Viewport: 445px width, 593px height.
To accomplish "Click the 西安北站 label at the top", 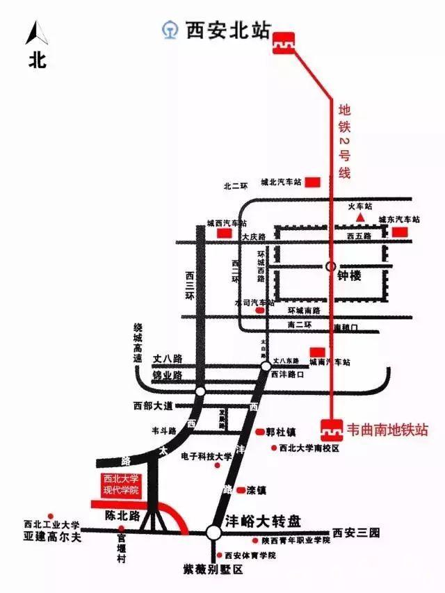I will coord(226,31).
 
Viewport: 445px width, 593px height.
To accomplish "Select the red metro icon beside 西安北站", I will coord(283,41).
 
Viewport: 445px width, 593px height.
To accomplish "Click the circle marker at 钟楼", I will coord(331,266).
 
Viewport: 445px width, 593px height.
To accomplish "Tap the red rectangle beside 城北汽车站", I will coord(313,182).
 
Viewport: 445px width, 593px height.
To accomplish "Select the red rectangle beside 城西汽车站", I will coord(225,234).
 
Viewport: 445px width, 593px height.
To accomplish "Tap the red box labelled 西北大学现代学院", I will coord(122,484).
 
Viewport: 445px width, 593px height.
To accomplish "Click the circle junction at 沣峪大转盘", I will coord(213,533).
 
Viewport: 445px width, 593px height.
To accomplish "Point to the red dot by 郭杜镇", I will coord(259,432).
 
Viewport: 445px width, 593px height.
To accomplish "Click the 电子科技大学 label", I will coord(206,457).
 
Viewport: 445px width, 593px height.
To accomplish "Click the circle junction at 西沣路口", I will coord(266,366).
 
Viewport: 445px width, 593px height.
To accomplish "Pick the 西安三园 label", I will coord(356,533).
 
